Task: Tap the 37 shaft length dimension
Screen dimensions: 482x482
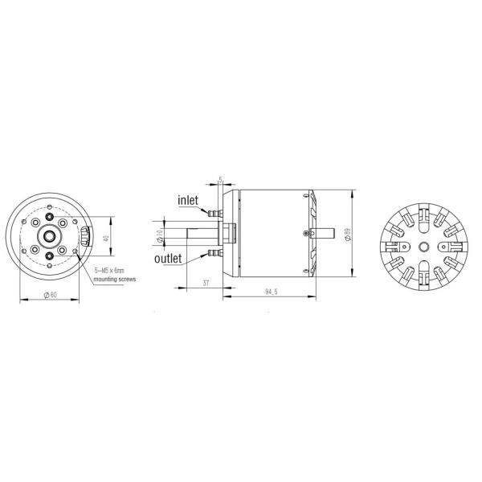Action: point(206,284)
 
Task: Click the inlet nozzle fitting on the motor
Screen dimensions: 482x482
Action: point(211,214)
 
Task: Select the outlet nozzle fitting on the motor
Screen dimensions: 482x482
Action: point(211,253)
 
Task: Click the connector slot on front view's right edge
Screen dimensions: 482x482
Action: point(86,236)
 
